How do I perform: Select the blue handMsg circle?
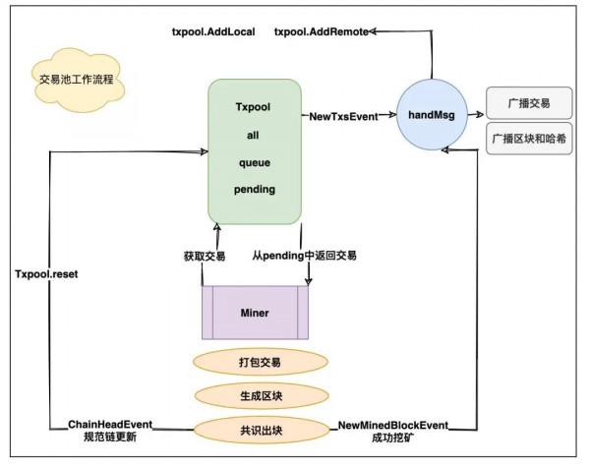tap(435, 115)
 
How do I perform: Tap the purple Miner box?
tap(255, 313)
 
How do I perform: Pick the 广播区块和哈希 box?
tap(527, 139)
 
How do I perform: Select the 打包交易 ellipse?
tap(260, 362)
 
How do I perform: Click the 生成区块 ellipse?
tap(260, 395)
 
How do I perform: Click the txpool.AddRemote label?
tap(322, 31)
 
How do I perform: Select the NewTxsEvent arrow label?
tap(343, 116)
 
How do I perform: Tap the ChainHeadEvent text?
tap(109, 424)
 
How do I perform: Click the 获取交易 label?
tap(205, 256)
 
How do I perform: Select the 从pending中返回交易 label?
tap(304, 256)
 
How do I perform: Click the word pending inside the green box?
tap(255, 187)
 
